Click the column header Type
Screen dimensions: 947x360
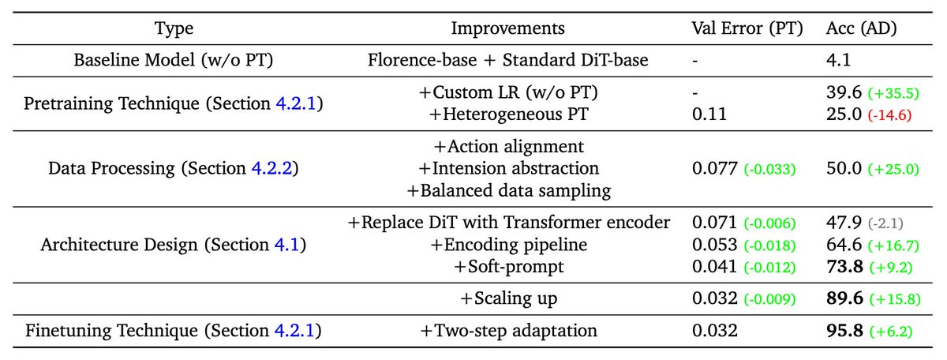[174, 28]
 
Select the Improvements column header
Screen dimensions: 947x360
[507, 28]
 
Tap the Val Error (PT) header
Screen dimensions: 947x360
[747, 28]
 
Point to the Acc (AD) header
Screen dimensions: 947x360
[861, 28]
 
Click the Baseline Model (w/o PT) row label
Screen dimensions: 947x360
[174, 60]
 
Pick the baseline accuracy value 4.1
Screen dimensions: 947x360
[838, 60]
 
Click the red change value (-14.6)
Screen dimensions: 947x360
[889, 114]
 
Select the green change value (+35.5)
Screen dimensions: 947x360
[893, 93]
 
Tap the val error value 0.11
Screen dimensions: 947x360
[709, 114]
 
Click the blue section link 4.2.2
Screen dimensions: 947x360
[271, 168]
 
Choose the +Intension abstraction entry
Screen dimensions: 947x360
[508, 168]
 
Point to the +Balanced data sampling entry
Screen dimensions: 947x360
[508, 191]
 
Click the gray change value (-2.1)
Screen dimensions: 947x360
[885, 223]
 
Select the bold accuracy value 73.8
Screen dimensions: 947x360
[844, 267]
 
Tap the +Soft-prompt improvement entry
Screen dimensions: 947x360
[508, 267]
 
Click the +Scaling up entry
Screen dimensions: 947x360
[508, 298]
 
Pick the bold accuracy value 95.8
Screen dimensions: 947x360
[844, 331]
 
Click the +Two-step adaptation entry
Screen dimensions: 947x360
[508, 331]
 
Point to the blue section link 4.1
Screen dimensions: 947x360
[286, 245]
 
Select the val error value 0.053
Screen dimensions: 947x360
[715, 245]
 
